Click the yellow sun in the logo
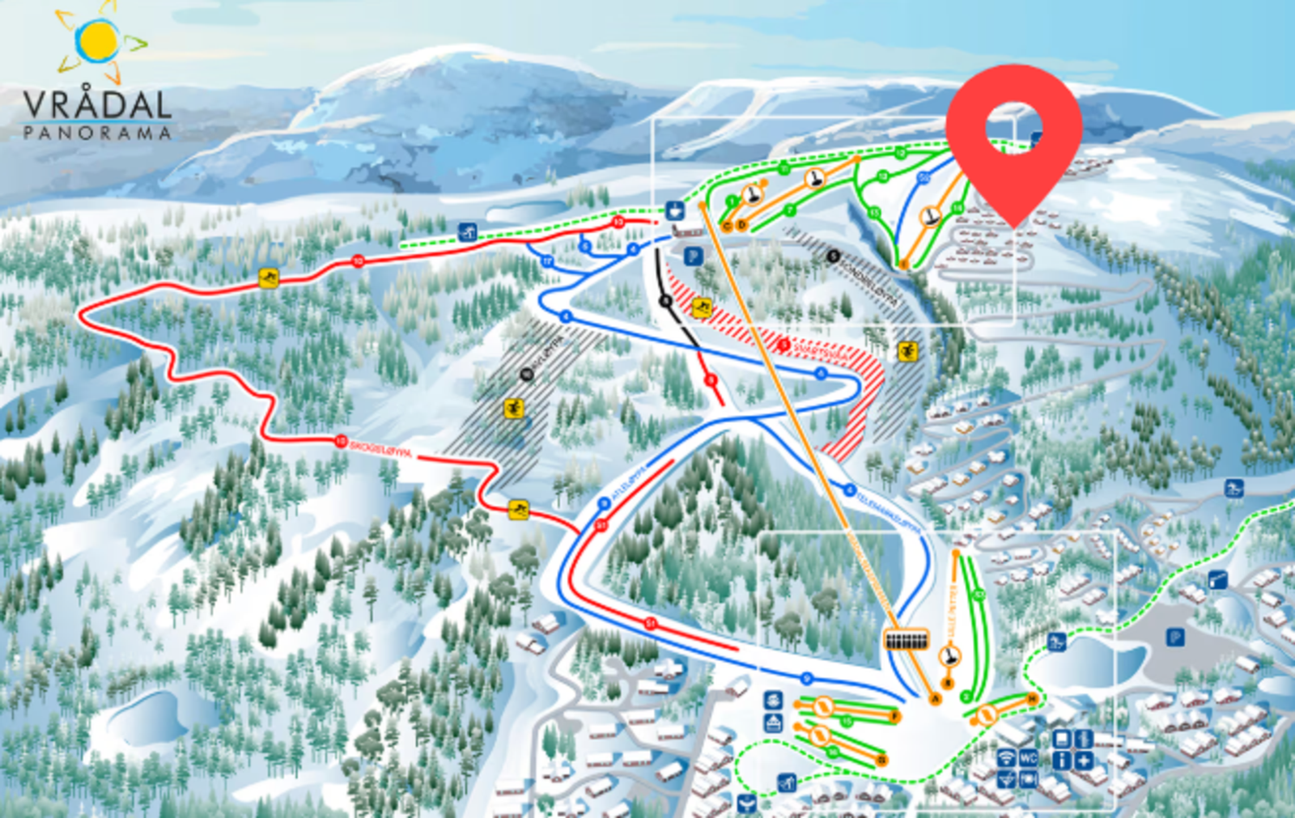click(99, 40)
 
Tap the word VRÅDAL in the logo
click(97, 105)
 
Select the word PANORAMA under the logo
click(97, 133)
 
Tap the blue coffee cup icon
click(674, 211)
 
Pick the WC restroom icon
click(1028, 759)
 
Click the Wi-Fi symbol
click(1006, 759)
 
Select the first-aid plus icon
click(1084, 760)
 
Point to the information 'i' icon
click(1062, 760)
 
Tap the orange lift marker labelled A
click(936, 698)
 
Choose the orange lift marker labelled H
click(1032, 697)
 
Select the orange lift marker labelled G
click(881, 760)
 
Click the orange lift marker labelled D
click(741, 226)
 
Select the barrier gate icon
click(1217, 579)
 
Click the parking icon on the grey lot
click(1175, 638)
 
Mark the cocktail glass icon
click(1006, 779)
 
